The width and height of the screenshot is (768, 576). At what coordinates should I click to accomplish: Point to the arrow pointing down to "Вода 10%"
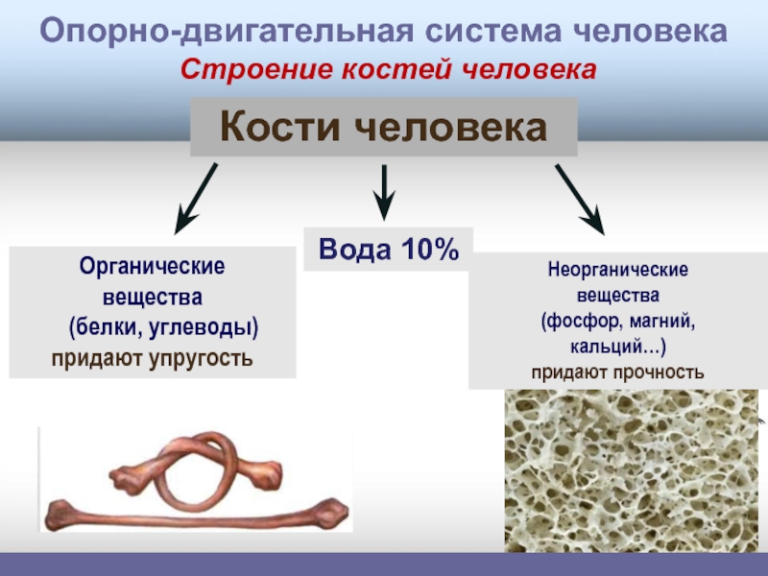click(x=384, y=191)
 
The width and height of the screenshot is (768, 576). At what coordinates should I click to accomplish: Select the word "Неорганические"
click(x=618, y=272)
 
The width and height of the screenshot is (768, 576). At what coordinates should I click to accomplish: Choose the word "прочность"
click(x=661, y=372)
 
